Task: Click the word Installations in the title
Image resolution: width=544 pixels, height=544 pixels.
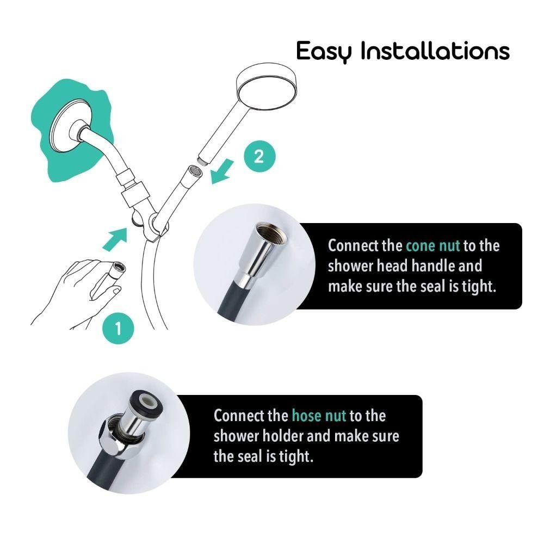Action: pyautogui.click(x=435, y=50)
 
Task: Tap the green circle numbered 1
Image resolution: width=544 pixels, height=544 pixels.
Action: pyautogui.click(x=118, y=328)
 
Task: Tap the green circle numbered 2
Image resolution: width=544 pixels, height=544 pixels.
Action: pyautogui.click(x=259, y=157)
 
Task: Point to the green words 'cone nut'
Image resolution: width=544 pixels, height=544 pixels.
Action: pyautogui.click(x=432, y=246)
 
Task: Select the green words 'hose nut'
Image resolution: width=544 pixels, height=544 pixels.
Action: pyautogui.click(x=319, y=416)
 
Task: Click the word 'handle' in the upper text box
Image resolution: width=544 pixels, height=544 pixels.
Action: pyautogui.click(x=434, y=266)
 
